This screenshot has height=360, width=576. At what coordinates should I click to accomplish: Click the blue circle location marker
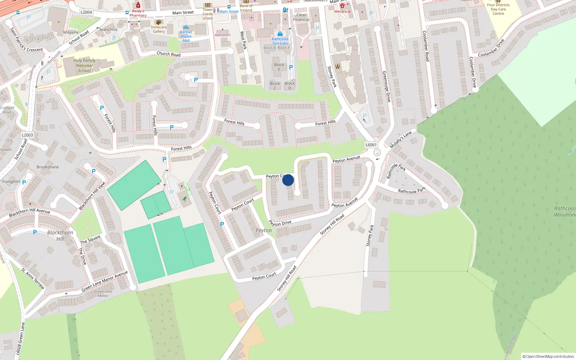click(x=288, y=180)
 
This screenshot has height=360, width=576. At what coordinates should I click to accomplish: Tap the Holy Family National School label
click(x=84, y=66)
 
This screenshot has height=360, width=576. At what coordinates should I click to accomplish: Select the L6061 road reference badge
click(x=371, y=145)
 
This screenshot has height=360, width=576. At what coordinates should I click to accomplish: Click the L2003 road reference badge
click(x=27, y=135)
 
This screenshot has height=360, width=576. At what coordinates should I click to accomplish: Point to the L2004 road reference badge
click(x=86, y=12)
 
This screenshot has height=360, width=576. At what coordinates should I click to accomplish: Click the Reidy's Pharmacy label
click(x=138, y=13)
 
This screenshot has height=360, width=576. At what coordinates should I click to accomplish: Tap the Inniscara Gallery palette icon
click(x=159, y=22)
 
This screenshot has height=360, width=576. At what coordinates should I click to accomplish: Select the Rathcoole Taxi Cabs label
click(x=280, y=41)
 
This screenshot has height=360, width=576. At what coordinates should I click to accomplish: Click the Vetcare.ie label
click(x=342, y=12)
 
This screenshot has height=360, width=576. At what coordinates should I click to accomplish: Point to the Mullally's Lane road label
click(x=400, y=140)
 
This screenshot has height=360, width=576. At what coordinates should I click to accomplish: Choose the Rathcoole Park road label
click(x=411, y=190)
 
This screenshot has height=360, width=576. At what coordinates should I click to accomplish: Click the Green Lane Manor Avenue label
click(x=104, y=281)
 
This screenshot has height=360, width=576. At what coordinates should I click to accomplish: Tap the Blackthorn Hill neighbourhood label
click(x=60, y=235)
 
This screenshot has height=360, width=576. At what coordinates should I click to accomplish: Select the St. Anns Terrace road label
click(x=33, y=279)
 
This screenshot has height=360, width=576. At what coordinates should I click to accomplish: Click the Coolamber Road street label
click(x=426, y=46)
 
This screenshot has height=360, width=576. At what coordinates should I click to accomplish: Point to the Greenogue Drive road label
click(x=386, y=86)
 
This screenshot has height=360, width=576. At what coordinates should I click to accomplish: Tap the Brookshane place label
click(x=48, y=167)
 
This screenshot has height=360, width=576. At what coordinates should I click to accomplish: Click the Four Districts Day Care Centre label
click(x=498, y=9)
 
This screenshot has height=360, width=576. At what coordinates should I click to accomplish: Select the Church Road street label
click(x=168, y=54)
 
